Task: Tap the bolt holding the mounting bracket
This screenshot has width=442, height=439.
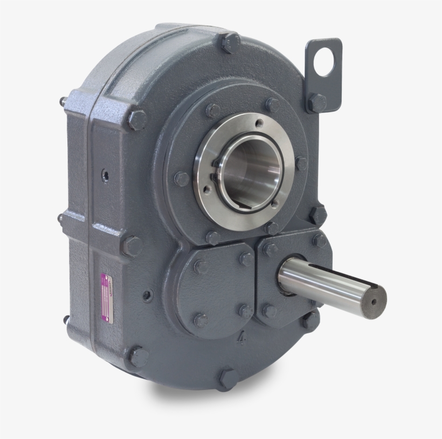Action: (317, 102)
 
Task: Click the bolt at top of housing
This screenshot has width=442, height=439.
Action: (230, 42)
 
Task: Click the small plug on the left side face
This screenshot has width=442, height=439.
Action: (106, 175)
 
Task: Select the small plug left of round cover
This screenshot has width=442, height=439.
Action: (147, 296)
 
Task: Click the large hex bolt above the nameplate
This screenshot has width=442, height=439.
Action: (132, 246)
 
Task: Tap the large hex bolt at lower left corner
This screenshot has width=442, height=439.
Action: (138, 356)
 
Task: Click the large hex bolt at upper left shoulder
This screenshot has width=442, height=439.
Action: (137, 120)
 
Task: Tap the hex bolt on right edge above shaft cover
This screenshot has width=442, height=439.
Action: (317, 215)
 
